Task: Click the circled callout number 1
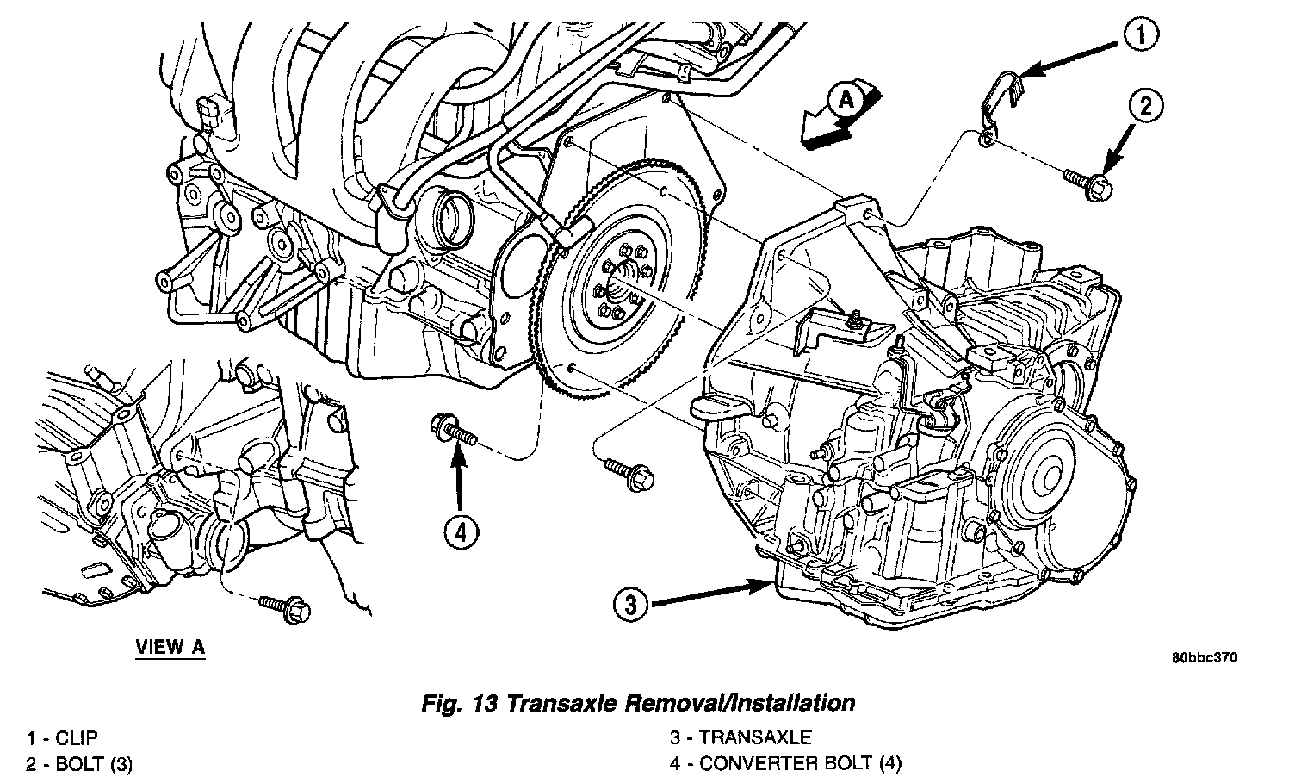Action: point(1140,36)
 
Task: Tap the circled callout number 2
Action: point(1146,107)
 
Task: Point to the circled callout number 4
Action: point(461,534)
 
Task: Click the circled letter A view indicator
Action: point(846,101)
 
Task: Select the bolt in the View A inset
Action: point(285,606)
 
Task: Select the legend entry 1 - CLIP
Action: point(62,738)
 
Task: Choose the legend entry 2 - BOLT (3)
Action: point(79,763)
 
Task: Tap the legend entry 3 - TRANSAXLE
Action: point(740,738)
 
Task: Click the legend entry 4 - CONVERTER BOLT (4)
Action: point(786,763)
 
